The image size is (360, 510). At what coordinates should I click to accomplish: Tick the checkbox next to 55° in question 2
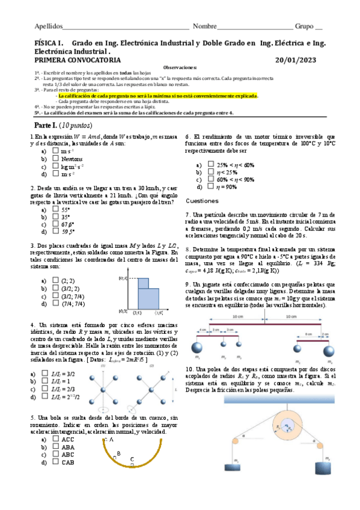(x=54, y=210)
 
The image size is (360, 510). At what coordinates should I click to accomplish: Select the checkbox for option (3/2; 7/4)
(x=54, y=296)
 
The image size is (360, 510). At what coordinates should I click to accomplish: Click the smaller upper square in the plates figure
(x=144, y=283)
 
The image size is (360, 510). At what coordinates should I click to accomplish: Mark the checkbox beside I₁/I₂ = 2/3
(x=46, y=389)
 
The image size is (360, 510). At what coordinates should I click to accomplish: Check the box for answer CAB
(x=54, y=462)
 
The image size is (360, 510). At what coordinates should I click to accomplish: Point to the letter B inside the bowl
(x=119, y=453)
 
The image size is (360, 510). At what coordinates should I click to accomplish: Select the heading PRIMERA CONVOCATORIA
(x=78, y=60)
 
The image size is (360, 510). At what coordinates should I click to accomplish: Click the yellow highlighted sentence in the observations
(x=157, y=96)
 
